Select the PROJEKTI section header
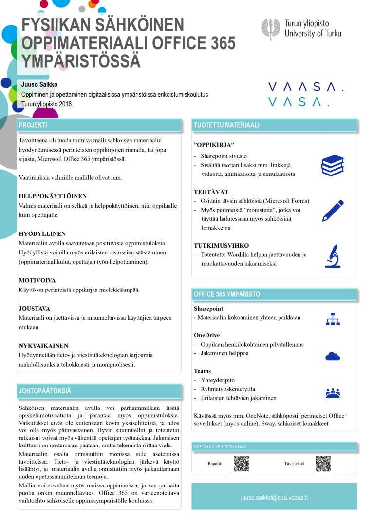click(x=33, y=125)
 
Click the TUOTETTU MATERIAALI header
click(x=226, y=125)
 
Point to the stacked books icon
click(x=333, y=165)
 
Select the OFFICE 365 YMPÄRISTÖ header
click(x=227, y=294)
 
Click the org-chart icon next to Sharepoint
click(x=333, y=319)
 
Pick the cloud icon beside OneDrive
click(x=333, y=356)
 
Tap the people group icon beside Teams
click(x=333, y=393)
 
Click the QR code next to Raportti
click(x=242, y=463)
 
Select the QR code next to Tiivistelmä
click(x=323, y=463)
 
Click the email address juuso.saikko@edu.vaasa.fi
click(x=274, y=498)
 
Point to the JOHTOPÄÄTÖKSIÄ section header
click(x=45, y=391)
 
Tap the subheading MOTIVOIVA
click(x=37, y=281)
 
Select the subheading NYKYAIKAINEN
click(x=43, y=346)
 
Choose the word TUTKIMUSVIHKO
click(x=221, y=246)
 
